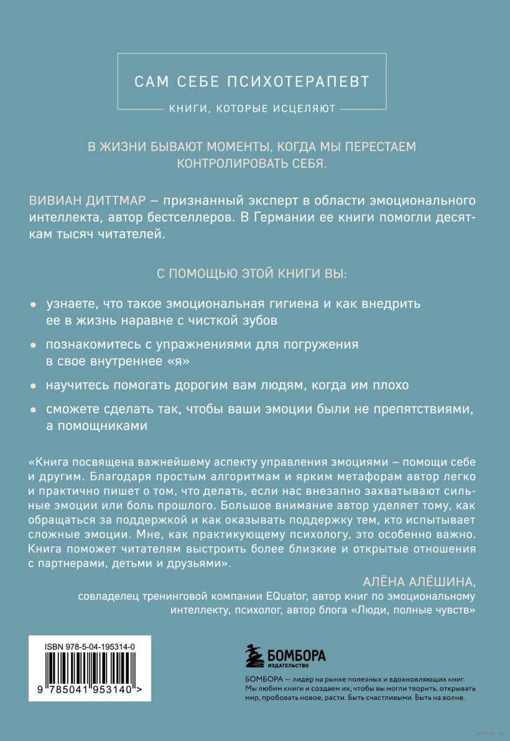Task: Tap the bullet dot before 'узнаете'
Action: pos(33,305)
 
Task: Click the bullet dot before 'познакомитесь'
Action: pos(33,345)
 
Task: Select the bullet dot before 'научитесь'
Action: pos(33,385)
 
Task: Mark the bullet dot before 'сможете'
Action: pos(33,410)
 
